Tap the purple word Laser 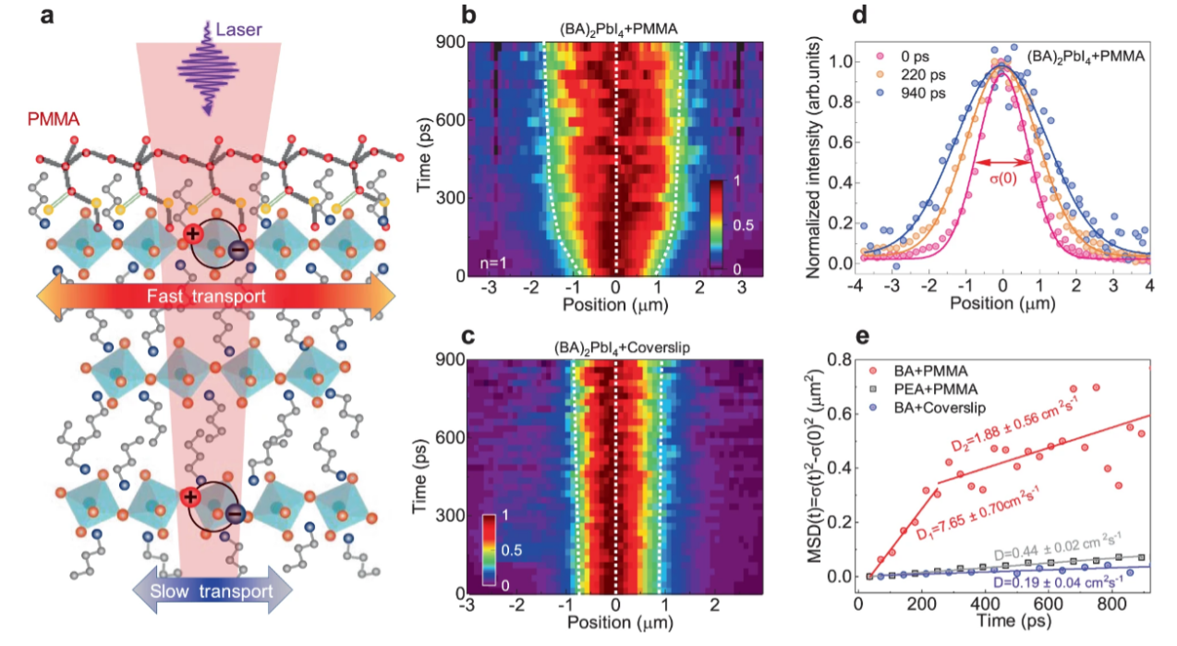(238, 30)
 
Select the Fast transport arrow (215, 297)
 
